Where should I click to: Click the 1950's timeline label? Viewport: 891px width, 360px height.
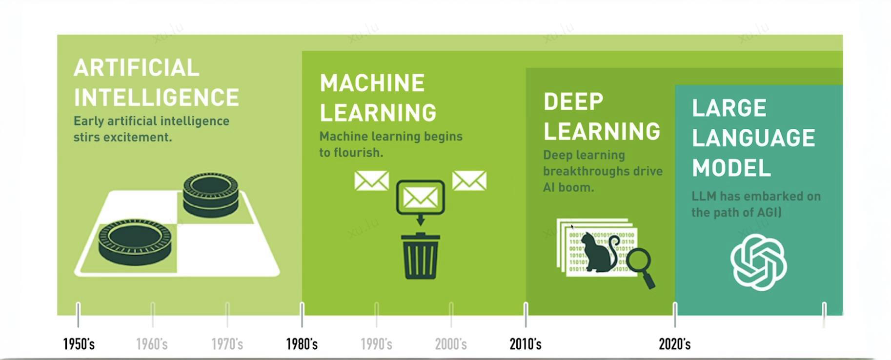[79, 344]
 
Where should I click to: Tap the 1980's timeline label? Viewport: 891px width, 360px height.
[302, 344]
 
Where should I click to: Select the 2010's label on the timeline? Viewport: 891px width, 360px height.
[526, 344]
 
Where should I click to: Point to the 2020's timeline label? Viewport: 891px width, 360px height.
[675, 344]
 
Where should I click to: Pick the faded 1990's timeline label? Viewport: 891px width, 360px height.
[376, 344]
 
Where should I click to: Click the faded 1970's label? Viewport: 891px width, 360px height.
[227, 344]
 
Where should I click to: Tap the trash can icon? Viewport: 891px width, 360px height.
[420, 256]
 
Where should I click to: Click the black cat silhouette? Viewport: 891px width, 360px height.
[599, 252]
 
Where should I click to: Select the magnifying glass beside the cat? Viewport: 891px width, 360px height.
[641, 268]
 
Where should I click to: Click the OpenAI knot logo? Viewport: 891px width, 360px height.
[758, 262]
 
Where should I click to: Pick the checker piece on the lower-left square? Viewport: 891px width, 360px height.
[135, 242]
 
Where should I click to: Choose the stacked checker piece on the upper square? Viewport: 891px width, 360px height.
[211, 194]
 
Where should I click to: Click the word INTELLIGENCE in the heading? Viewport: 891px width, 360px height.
[157, 97]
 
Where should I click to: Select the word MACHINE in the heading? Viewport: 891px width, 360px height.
[372, 83]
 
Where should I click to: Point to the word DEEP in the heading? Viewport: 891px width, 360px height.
[573, 102]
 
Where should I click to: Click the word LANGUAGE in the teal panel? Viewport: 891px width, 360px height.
[753, 138]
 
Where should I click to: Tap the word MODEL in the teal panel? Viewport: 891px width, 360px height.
[731, 168]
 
